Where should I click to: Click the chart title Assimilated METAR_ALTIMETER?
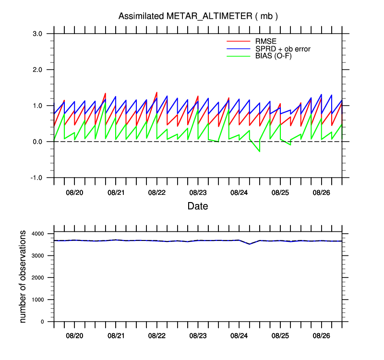pyautogui.click(x=198, y=16)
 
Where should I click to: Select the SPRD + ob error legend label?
pyautogui.click(x=283, y=48)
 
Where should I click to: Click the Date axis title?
pyautogui.click(x=198, y=206)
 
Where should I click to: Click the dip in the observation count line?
pyautogui.click(x=249, y=244)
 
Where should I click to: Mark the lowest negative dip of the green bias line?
pyautogui.click(x=260, y=151)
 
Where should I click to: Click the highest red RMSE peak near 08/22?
pyautogui.click(x=156, y=92)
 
